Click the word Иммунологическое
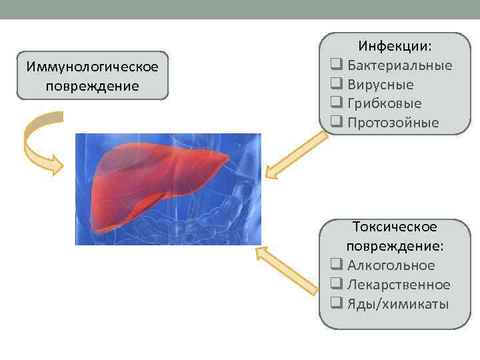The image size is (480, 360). point(93,67)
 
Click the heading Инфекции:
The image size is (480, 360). point(395,47)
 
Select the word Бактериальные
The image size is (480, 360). point(399,65)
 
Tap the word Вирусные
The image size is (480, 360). point(380,85)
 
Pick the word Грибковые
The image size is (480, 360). point(384,103)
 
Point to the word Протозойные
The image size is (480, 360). point(393,123)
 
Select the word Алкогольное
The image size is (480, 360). point(391,265)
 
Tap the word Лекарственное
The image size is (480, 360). point(399,285)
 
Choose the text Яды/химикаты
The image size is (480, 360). point(398,304)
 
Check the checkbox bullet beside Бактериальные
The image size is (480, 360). point(336,65)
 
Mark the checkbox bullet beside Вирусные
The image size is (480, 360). point(336,85)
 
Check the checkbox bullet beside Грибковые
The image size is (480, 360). point(336,103)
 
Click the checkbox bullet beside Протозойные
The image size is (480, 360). point(336,123)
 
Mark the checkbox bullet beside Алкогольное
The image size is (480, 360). point(336,265)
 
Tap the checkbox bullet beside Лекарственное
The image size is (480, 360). point(336,285)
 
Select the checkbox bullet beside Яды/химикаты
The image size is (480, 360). point(336,304)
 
